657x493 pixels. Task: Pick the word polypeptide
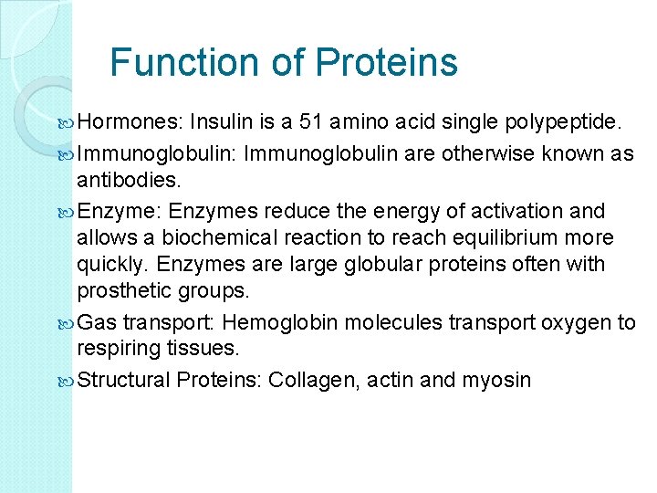pyautogui.click(x=562, y=122)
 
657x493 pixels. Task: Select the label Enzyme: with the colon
pyautogui.click(x=120, y=211)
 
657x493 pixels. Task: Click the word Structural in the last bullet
pyautogui.click(x=125, y=380)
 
